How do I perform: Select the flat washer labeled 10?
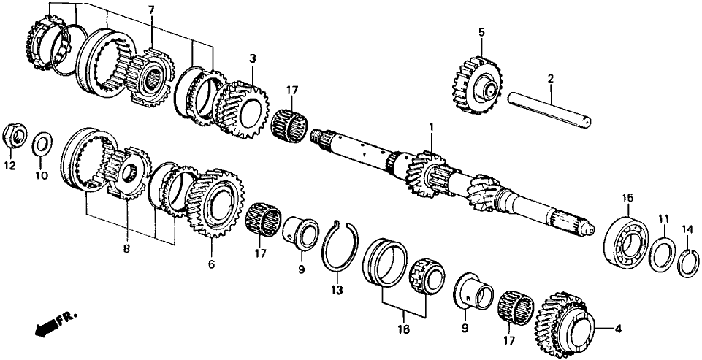click(x=42, y=140)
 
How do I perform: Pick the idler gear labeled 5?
click(x=475, y=82)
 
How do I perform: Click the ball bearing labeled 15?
click(x=625, y=239)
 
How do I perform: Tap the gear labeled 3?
click(x=242, y=107)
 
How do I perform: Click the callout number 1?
click(x=432, y=127)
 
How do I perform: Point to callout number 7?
click(x=151, y=9)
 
